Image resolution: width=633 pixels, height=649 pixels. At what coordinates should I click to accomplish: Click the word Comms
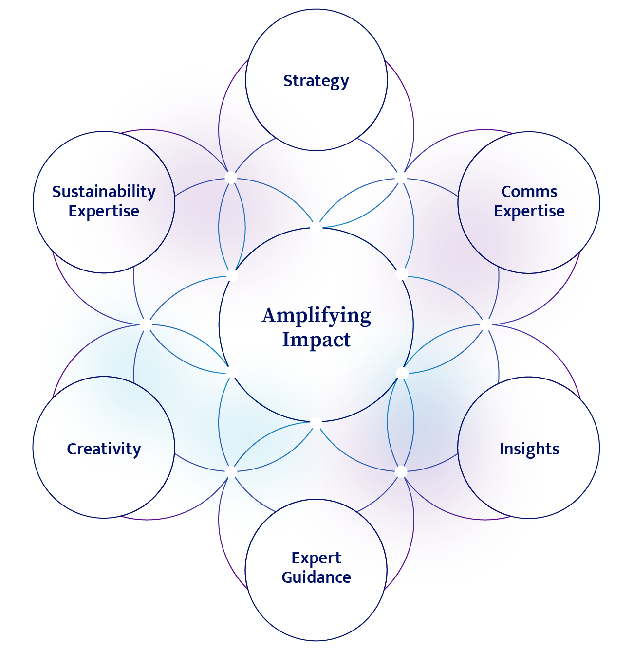(529, 192)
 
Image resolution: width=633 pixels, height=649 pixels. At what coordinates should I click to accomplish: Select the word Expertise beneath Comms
(529, 211)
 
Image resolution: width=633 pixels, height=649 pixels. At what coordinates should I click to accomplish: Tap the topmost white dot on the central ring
(316, 227)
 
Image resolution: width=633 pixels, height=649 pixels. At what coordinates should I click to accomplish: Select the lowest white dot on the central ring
(316, 423)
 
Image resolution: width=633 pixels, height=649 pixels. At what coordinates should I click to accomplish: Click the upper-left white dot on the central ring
(232, 275)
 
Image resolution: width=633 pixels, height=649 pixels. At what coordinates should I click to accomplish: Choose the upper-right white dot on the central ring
(402, 274)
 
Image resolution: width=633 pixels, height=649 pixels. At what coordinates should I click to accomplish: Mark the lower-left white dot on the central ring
(232, 372)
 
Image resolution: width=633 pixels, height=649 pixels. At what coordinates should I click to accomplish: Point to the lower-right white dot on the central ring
(402, 373)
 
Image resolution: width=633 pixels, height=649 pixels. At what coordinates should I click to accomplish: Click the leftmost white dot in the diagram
(146, 325)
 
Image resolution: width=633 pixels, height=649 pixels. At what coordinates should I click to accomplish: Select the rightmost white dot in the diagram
(486, 325)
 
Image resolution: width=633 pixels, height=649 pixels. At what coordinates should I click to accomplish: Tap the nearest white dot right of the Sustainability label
(231, 178)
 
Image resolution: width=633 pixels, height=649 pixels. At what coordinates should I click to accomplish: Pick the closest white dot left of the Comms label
(401, 178)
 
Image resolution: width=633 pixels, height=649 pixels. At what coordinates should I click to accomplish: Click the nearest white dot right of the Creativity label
(231, 471)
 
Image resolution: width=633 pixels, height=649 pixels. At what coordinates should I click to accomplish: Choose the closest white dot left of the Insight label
(401, 471)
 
